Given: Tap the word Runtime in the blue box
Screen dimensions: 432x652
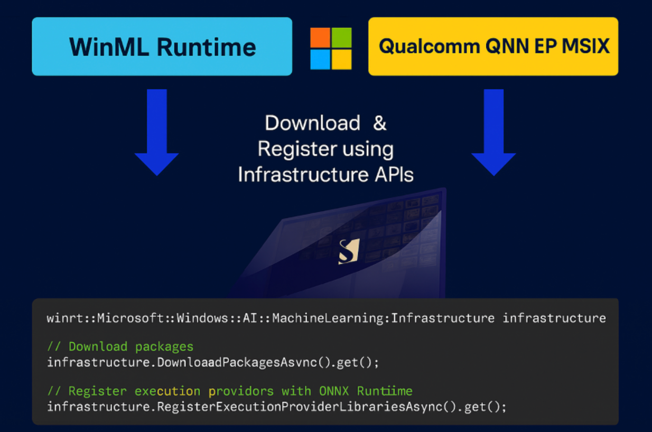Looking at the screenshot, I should [207, 47].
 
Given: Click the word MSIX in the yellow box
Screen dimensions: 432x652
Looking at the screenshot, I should [585, 46].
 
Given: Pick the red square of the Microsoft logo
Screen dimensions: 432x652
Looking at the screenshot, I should [320, 37].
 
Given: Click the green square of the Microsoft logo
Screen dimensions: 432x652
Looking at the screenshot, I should [341, 37].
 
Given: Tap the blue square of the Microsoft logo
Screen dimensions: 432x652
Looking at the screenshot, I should [320, 59].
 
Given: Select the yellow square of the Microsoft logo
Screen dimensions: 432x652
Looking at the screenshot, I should [341, 59].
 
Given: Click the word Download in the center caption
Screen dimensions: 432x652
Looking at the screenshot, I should [312, 123].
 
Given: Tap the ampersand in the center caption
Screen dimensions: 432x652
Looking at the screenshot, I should [379, 123].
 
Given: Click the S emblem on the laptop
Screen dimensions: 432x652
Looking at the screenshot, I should [349, 251].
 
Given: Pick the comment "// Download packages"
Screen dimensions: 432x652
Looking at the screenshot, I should [120, 347].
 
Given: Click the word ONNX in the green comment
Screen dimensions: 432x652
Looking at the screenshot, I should [334, 391].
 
